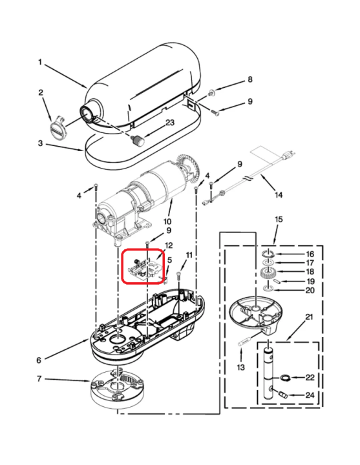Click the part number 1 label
(40, 62)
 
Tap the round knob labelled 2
(57, 127)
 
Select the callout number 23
(170, 122)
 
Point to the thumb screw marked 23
(138, 139)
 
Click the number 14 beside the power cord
(278, 195)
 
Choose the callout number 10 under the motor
(167, 222)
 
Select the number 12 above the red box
(169, 245)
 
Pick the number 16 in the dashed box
(310, 254)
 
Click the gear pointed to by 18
(268, 273)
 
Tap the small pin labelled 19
(276, 280)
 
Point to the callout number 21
(309, 317)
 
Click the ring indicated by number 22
(285, 378)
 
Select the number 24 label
(310, 395)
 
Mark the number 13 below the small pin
(240, 367)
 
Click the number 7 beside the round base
(39, 378)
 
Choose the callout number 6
(39, 360)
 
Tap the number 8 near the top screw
(250, 79)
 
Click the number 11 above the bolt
(189, 255)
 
